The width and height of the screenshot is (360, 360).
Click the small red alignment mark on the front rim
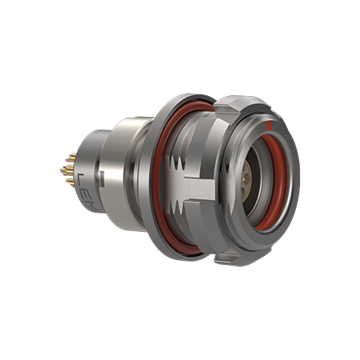(273, 126)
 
